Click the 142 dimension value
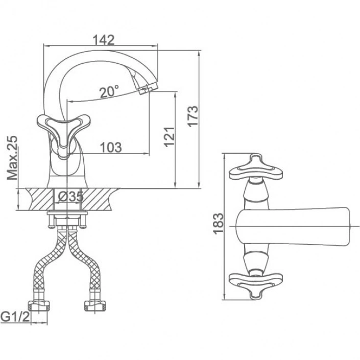pos(104,40)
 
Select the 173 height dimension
pos(193,116)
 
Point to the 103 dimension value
pos(111,148)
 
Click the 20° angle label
pos(109,91)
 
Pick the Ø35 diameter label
pos(70,197)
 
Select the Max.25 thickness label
pos(12,158)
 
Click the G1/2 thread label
pos(15,317)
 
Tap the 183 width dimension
pos(219,224)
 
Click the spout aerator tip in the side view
pos(148,89)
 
